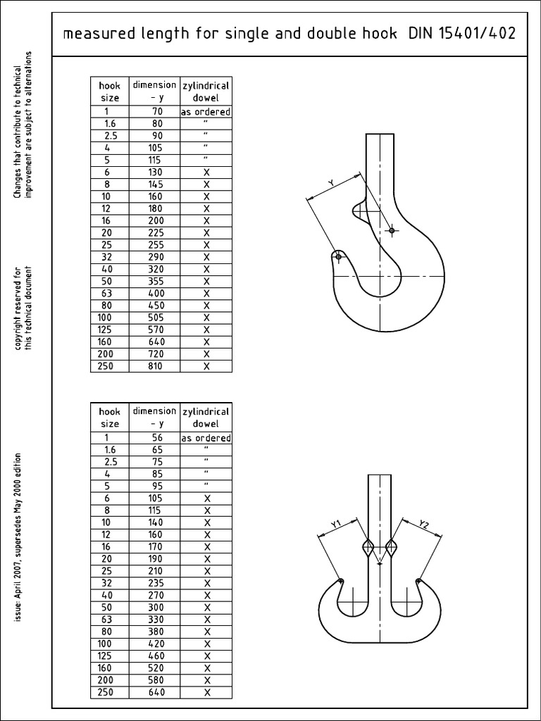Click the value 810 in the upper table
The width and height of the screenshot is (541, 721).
coord(155,366)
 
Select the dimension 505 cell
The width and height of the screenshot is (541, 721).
coord(155,318)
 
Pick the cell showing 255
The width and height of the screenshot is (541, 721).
coord(155,245)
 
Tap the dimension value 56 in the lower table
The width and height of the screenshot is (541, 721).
coord(155,437)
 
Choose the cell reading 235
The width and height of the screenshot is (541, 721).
coord(155,583)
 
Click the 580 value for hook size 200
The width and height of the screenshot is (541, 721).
coord(155,680)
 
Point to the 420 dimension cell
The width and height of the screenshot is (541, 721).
coord(155,644)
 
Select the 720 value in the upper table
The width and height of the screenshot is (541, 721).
coord(155,354)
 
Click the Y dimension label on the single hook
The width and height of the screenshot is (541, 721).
coord(331,183)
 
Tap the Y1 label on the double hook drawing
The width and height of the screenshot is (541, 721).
coord(336,523)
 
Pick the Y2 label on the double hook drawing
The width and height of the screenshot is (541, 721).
coord(423,524)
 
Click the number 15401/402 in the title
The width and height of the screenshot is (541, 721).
coord(481,34)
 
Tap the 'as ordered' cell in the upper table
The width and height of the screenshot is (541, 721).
coord(206,111)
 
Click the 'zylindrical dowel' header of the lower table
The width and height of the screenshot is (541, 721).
coord(206,418)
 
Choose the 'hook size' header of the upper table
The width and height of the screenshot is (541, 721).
coord(109,92)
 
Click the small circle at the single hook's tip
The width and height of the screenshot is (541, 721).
coord(339,258)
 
